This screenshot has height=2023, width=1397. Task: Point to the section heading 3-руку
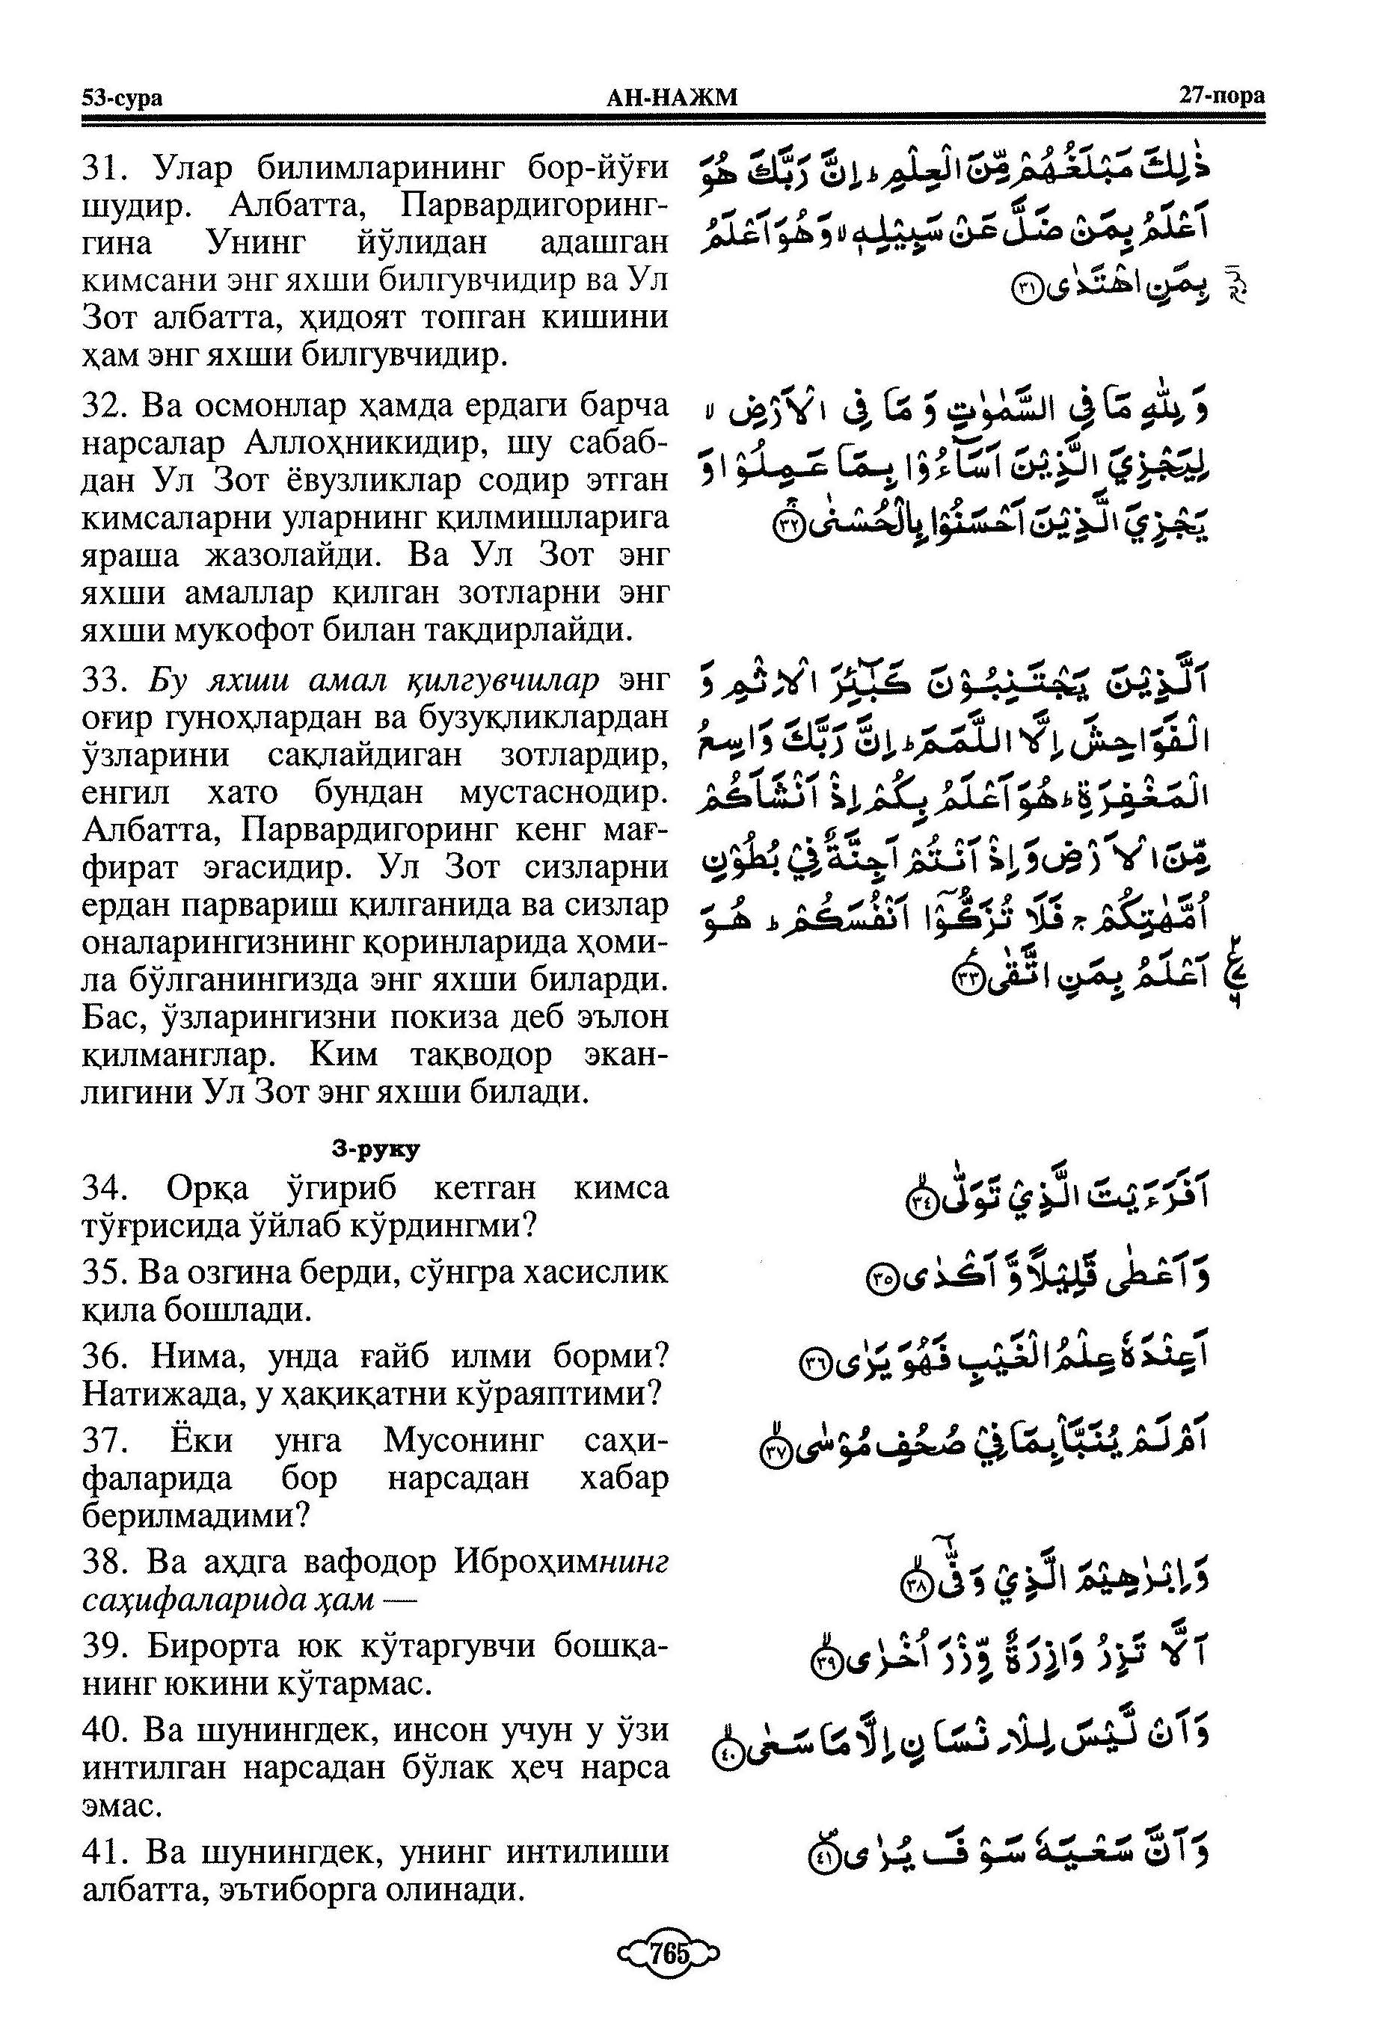click(375, 1149)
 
